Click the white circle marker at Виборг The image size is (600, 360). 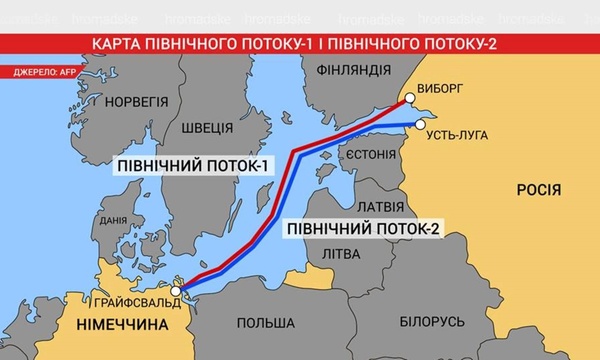pos(408,99)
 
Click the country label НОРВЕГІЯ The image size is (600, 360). pos(138,102)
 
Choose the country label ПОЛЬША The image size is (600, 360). pos(265,323)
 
